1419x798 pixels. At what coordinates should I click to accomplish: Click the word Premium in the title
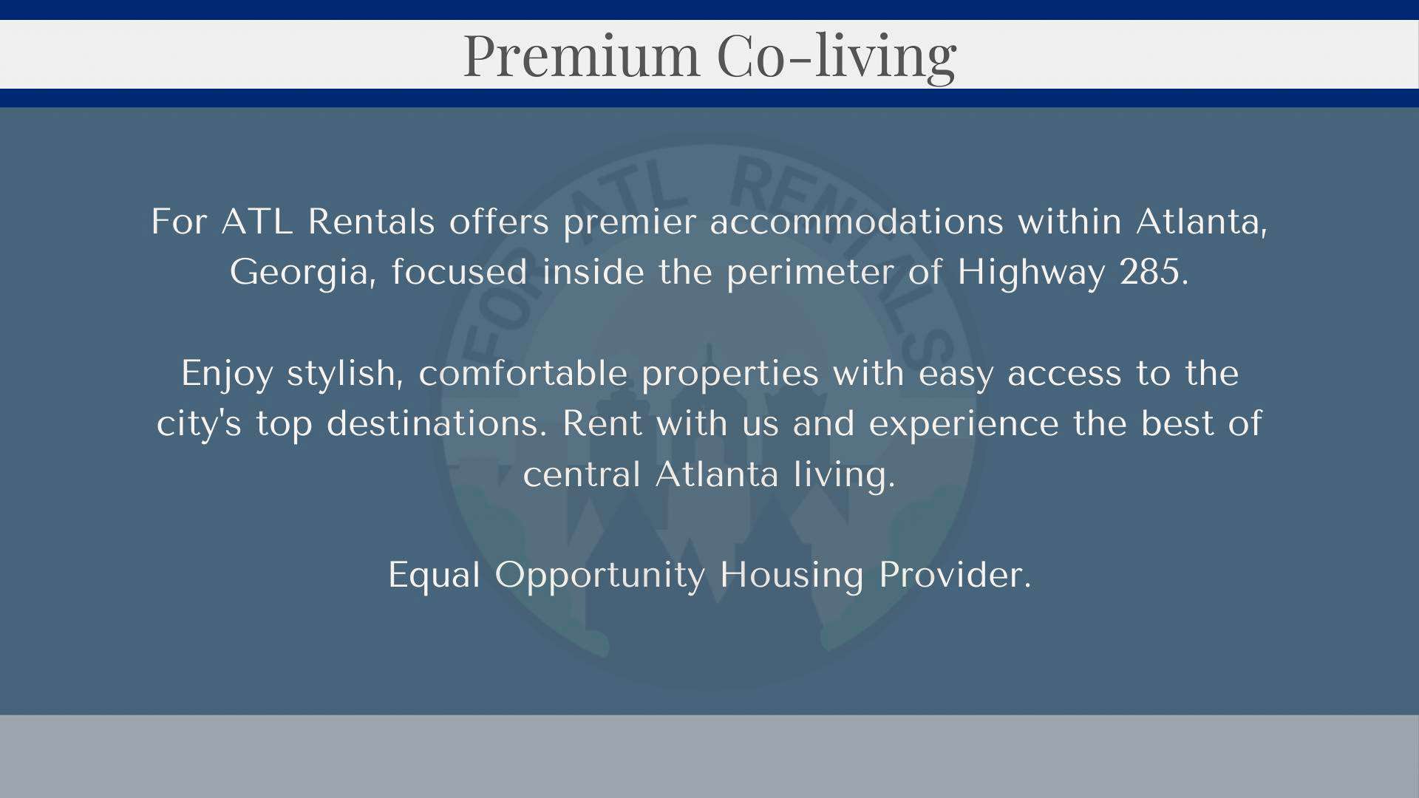581,55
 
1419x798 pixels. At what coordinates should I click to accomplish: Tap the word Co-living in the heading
837,57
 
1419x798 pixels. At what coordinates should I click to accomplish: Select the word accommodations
857,222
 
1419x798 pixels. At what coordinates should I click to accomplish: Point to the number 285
1154,272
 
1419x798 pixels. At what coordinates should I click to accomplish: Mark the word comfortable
523,373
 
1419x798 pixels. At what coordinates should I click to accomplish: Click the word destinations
437,423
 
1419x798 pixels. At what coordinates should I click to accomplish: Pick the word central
582,474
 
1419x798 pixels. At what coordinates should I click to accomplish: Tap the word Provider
955,575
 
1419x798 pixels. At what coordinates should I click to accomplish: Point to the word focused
460,272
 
